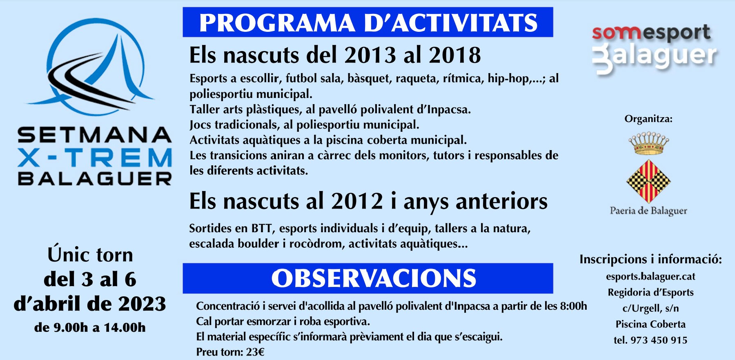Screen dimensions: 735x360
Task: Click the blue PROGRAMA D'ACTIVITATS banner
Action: pyautogui.click(x=367, y=22)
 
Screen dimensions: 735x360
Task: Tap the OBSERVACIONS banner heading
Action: pyautogui.click(x=367, y=278)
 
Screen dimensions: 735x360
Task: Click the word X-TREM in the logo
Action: pyautogui.click(x=95, y=158)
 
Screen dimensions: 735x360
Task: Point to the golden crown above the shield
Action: pyautogui.click(x=648, y=143)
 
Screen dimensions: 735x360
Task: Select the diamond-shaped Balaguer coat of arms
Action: pyautogui.click(x=648, y=181)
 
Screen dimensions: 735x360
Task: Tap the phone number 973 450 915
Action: pyautogui.click(x=659, y=340)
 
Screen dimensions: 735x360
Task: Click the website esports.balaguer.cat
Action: pyautogui.click(x=650, y=277)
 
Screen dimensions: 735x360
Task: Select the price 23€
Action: pyautogui.click(x=255, y=352)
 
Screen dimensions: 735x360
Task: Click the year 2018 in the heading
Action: pyautogui.click(x=455, y=55)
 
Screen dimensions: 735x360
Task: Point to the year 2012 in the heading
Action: pyautogui.click(x=357, y=201)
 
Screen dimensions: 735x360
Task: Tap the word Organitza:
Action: pyautogui.click(x=648, y=119)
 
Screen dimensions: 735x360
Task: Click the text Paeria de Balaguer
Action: pyautogui.click(x=648, y=211)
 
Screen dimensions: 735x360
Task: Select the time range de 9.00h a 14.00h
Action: pyautogui.click(x=90, y=327)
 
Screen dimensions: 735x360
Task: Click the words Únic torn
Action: pyautogui.click(x=90, y=255)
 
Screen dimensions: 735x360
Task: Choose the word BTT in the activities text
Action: pyautogui.click(x=262, y=228)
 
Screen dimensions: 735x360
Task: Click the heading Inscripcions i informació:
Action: pyautogui.click(x=651, y=260)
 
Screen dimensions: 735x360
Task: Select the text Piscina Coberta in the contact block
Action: pyautogui.click(x=650, y=324)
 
